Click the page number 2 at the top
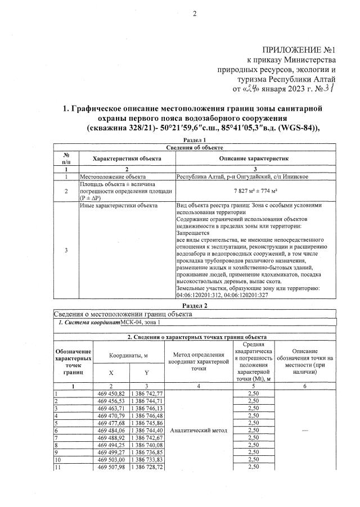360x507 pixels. pos(195,14)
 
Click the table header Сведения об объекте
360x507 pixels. pos(195,147)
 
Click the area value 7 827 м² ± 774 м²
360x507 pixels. pos(256,191)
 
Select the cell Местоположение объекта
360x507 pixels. pos(106,176)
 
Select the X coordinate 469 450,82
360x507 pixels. pos(111,393)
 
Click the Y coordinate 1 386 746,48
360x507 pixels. pos(147,415)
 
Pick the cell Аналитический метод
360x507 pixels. pos(199,430)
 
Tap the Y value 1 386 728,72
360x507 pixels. pos(147,467)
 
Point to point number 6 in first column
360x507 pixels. pos(57,430)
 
